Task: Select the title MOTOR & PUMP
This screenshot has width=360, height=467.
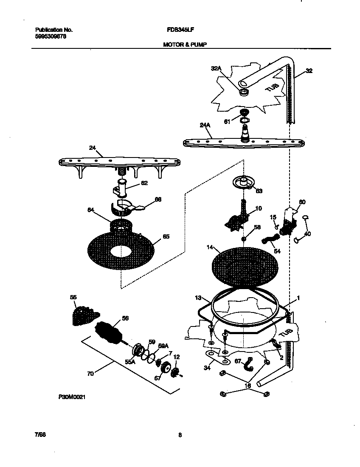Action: pos(185,44)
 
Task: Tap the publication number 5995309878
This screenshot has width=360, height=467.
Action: pos(51,36)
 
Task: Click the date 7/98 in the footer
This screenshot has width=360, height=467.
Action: pos(40,435)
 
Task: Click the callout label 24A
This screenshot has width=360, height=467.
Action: pos(205,125)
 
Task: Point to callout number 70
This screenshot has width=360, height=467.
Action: pos(90,374)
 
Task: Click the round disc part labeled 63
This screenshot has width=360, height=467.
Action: pos(245,183)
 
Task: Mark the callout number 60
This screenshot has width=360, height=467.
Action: pos(302,202)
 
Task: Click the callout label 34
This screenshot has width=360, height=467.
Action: pos(207,368)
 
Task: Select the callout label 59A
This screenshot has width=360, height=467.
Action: pos(163,346)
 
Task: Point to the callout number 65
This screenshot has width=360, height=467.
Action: pos(166,236)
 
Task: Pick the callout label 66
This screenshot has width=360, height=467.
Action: pos(158,199)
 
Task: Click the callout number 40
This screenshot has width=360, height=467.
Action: pos(308,234)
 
